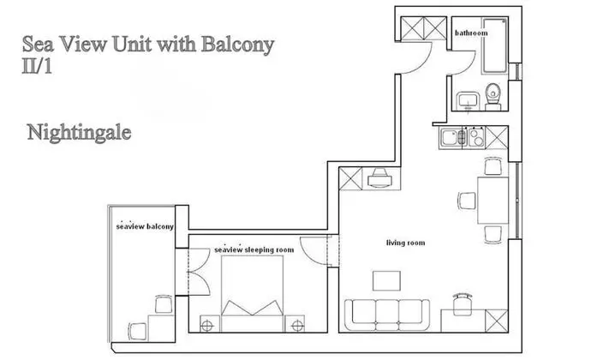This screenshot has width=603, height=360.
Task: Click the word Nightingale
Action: click(x=78, y=133)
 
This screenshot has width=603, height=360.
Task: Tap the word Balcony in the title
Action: click(x=232, y=45)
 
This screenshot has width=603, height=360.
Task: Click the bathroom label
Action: click(x=471, y=33)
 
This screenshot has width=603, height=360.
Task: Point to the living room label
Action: click(x=405, y=243)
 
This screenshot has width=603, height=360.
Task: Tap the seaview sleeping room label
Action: click(x=254, y=250)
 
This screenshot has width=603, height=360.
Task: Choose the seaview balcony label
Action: click(x=145, y=227)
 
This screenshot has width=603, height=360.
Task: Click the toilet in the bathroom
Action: click(x=493, y=98)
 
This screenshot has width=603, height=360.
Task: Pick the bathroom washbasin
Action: click(x=468, y=101)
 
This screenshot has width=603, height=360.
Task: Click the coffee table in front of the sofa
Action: click(x=386, y=280)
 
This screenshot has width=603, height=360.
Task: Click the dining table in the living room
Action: click(x=493, y=201)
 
